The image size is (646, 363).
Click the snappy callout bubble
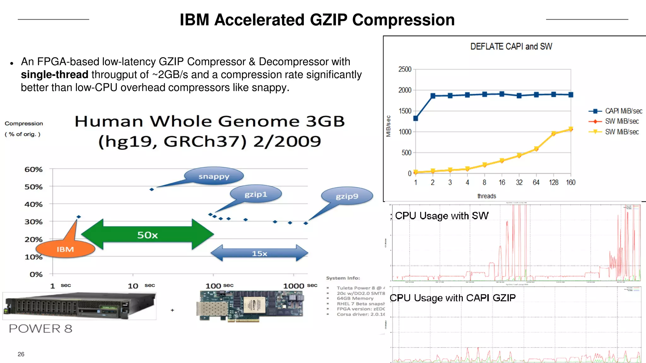point(214,176)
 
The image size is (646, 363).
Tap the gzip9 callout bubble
point(347,196)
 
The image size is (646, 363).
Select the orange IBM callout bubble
point(65,249)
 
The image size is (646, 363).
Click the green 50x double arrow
point(147,235)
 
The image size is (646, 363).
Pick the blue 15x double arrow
point(259,253)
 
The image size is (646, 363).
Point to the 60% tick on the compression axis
point(33,170)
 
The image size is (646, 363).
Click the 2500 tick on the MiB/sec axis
point(405,69)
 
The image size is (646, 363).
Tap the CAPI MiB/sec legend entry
point(615,111)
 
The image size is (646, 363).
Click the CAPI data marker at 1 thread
point(415,118)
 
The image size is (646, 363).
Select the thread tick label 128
point(553,182)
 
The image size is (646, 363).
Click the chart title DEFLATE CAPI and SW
point(511,47)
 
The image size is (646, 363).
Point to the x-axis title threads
point(486,196)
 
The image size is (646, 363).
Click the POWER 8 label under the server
point(40,329)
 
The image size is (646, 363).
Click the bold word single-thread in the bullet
point(55,75)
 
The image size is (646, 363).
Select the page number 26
point(21,354)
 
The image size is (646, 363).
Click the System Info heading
point(343,278)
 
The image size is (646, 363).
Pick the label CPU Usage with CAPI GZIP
point(453,298)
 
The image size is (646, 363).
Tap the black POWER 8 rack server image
point(79,306)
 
